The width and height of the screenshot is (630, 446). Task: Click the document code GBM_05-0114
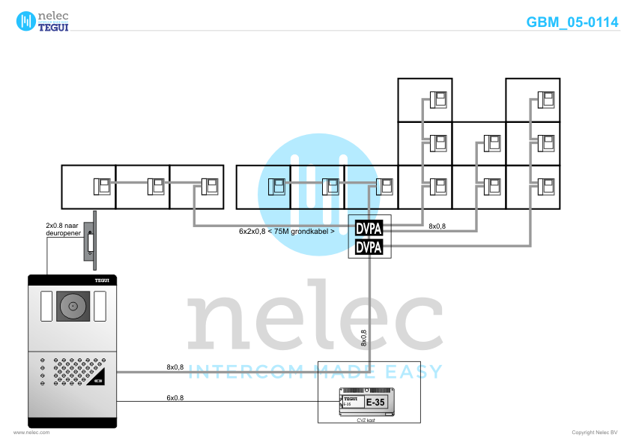pyautogui.click(x=572, y=22)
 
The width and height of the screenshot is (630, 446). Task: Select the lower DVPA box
pyautogui.click(x=369, y=247)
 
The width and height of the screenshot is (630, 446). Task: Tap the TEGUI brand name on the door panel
pyautogui.click(x=101, y=279)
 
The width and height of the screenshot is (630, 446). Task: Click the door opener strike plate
pyautogui.click(x=92, y=243)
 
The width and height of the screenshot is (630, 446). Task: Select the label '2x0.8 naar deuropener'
pyautogui.click(x=62, y=228)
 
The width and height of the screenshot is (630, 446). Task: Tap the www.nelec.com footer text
pyautogui.click(x=31, y=433)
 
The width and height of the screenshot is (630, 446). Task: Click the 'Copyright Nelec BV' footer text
pyautogui.click(x=594, y=433)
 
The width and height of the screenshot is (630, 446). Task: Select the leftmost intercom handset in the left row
pyautogui.click(x=101, y=185)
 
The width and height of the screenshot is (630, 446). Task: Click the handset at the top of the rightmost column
pyautogui.click(x=546, y=99)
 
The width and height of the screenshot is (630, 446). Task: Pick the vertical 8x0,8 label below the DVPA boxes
pyautogui.click(x=363, y=338)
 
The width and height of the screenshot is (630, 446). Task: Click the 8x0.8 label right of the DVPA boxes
pyautogui.click(x=437, y=226)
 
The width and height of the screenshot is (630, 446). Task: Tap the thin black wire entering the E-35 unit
pyautogui.click(x=225, y=400)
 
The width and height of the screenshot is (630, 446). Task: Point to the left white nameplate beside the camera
pyautogui.click(x=46, y=306)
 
